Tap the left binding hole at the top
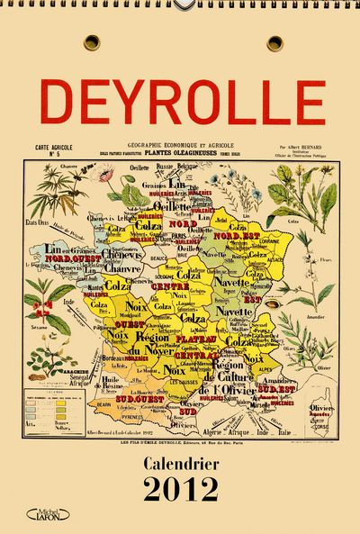[x=92, y=42]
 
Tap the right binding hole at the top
[x=274, y=42]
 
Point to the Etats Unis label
[x=36, y=222]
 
